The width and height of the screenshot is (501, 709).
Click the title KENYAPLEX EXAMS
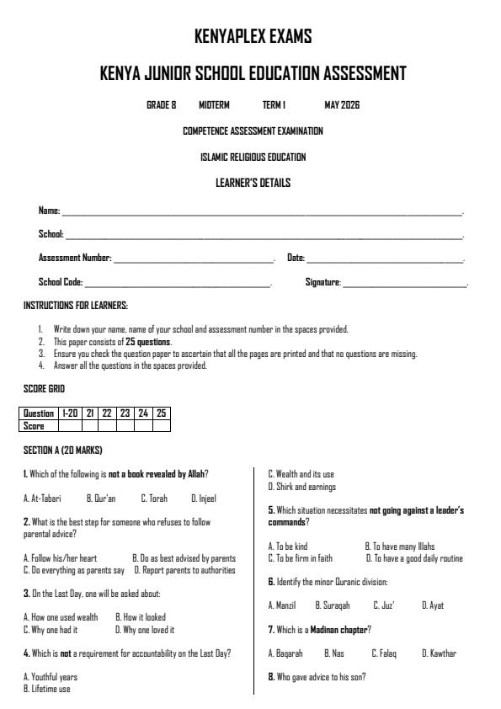(x=253, y=36)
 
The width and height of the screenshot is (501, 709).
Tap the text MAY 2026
(x=342, y=105)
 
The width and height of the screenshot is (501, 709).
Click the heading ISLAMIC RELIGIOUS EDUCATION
(x=253, y=157)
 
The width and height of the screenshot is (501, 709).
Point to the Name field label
(x=50, y=211)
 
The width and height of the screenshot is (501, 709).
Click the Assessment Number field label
(x=75, y=259)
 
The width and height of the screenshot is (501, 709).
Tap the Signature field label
(x=323, y=283)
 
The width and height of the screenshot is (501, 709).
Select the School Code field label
(x=61, y=283)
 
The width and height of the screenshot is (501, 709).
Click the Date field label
(x=296, y=259)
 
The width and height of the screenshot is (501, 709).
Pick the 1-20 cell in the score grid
(x=69, y=413)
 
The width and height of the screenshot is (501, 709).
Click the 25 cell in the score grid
(x=161, y=413)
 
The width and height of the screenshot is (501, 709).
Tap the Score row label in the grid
(x=33, y=425)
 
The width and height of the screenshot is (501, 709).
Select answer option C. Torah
(x=154, y=498)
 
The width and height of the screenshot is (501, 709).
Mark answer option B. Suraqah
(x=332, y=605)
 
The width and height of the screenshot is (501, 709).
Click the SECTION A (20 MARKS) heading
(x=63, y=450)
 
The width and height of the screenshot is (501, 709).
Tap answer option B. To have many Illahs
(x=399, y=546)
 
